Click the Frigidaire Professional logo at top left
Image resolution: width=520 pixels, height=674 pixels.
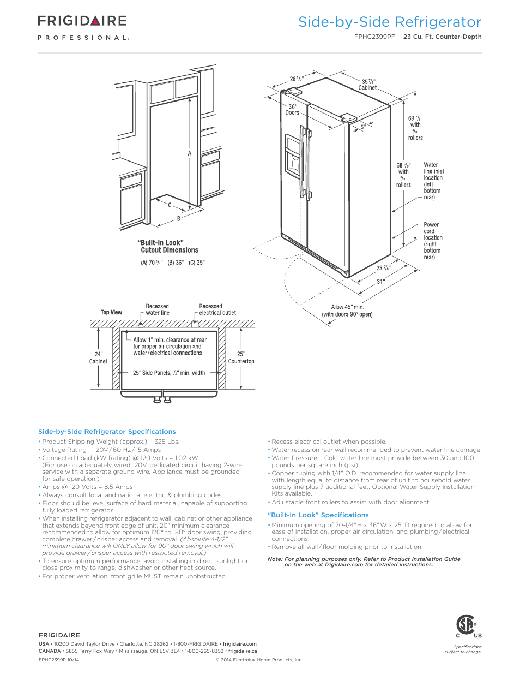point(83,27)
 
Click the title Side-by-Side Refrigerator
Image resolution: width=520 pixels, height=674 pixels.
point(389,22)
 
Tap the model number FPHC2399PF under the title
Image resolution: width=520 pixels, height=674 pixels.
point(374,37)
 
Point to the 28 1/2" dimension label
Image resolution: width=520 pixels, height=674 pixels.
point(297,79)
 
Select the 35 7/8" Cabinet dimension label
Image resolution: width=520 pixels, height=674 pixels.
point(367,85)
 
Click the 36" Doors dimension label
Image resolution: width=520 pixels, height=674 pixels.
point(292,110)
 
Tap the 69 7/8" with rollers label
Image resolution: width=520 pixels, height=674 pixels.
point(415,128)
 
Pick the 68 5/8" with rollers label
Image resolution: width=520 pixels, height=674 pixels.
point(403,175)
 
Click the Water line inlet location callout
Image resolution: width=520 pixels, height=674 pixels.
point(433,181)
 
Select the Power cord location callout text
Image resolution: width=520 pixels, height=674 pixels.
point(433,241)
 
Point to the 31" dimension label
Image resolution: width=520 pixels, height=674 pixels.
point(380,282)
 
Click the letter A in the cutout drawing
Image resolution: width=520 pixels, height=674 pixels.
point(190,153)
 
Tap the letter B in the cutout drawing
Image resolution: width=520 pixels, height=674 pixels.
point(178,219)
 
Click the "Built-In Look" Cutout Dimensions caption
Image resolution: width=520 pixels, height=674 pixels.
point(169,247)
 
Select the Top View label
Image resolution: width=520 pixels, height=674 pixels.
point(111,312)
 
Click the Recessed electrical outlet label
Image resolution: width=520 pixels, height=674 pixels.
point(217,309)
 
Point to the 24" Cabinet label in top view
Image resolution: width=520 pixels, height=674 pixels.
point(98,358)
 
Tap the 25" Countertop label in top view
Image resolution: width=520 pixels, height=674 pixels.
point(241,358)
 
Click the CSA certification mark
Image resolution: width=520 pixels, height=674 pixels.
point(466,625)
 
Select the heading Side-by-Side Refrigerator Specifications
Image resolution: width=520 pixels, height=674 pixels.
point(107,432)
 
